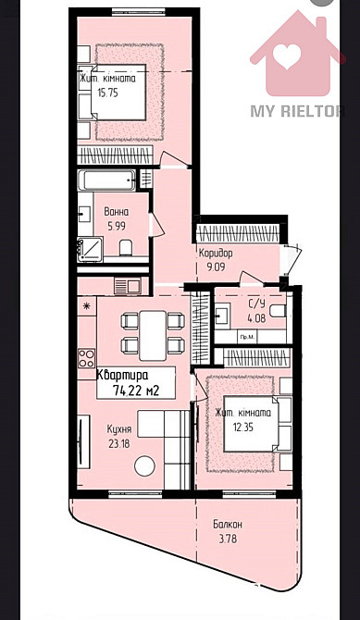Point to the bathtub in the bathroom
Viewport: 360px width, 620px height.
(x=106, y=180)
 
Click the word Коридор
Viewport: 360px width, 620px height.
(x=216, y=253)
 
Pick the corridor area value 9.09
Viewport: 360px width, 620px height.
(x=216, y=267)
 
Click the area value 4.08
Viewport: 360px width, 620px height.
(x=255, y=319)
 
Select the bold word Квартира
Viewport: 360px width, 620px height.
(x=122, y=376)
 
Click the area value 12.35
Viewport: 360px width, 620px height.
(x=242, y=427)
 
